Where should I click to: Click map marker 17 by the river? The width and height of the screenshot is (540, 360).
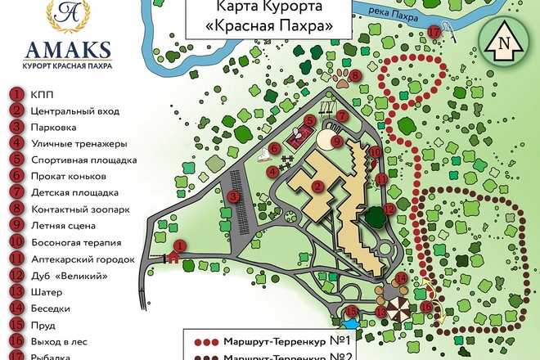(433, 32)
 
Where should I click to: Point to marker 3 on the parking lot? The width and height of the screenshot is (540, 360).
(233, 196)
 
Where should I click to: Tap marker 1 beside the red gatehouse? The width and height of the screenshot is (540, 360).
(181, 245)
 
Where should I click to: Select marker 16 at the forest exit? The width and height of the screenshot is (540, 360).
(425, 307)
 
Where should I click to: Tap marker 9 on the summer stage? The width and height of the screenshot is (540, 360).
(335, 142)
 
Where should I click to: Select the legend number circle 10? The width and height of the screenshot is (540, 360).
(16, 242)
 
